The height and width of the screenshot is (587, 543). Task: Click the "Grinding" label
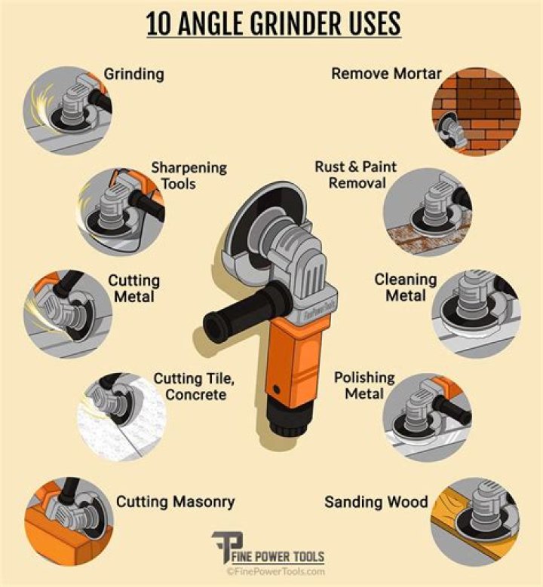[x=133, y=74]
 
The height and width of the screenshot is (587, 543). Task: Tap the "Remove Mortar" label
[x=386, y=74]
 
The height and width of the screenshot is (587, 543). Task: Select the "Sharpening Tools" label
[x=189, y=176]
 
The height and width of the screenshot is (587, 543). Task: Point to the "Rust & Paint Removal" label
[x=356, y=175]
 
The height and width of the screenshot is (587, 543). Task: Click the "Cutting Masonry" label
[x=176, y=502]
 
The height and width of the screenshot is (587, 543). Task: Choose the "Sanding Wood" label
[x=376, y=502]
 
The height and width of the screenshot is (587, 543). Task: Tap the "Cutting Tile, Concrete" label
[x=194, y=387]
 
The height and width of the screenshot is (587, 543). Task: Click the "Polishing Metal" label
[x=364, y=386]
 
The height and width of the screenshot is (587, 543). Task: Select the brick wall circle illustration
[x=477, y=112]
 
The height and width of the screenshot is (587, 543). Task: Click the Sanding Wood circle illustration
[x=475, y=521]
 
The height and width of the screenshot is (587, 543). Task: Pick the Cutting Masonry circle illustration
[x=69, y=521]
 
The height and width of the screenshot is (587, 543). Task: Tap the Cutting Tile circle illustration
[x=121, y=417]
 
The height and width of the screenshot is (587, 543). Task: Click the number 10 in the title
[x=158, y=23]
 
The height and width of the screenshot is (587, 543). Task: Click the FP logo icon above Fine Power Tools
[x=227, y=546]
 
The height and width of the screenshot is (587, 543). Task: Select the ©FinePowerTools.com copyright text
[x=275, y=572]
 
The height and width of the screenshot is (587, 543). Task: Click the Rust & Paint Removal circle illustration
[x=427, y=212]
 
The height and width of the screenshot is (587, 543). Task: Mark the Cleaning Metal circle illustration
[x=477, y=314]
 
